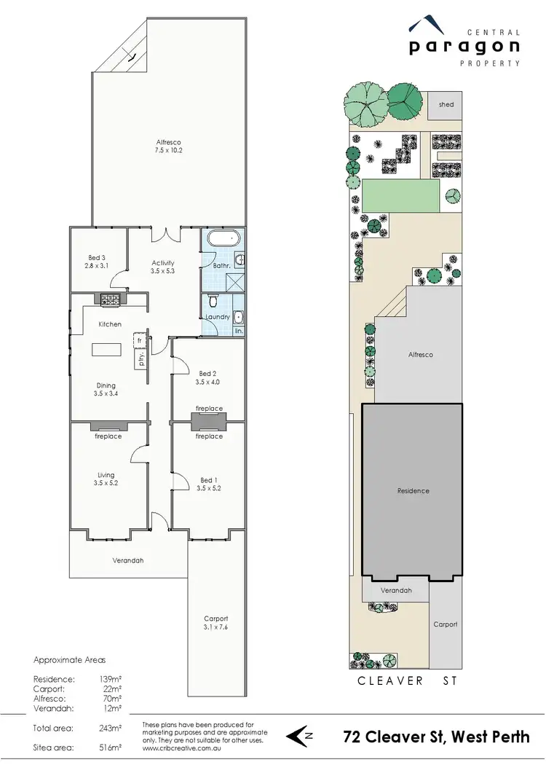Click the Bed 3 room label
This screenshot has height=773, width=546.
(x=96, y=258)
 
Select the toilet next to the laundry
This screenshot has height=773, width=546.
(x=213, y=300)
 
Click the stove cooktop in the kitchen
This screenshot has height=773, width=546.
(x=109, y=299)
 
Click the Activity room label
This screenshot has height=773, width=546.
(x=163, y=263)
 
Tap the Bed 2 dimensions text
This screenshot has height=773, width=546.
(x=208, y=381)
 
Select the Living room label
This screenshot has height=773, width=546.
(x=106, y=475)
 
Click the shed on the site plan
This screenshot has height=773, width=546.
(x=446, y=105)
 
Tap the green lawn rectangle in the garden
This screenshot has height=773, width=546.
(x=401, y=196)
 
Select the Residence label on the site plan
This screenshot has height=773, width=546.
(x=413, y=490)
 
